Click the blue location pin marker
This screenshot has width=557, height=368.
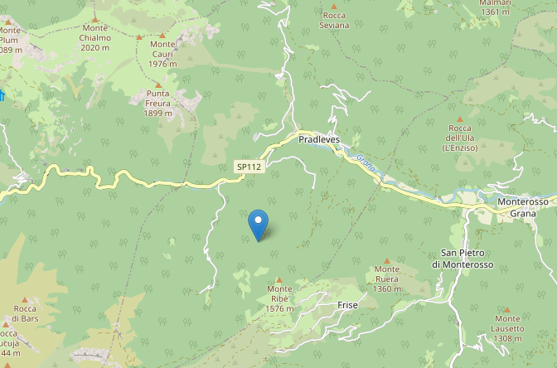(x=259, y=223)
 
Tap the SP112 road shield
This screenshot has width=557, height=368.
(x=248, y=167)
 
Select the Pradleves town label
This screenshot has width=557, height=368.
(x=320, y=141)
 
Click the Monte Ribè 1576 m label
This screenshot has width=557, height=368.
(x=280, y=298)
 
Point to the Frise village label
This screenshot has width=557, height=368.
(x=348, y=305)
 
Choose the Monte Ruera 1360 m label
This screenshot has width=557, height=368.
(x=386, y=278)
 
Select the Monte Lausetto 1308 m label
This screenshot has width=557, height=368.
(x=507, y=322)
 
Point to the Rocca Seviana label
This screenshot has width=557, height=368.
(x=334, y=20)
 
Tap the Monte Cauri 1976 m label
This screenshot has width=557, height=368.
(x=163, y=54)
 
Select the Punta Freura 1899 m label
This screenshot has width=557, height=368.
(x=158, y=98)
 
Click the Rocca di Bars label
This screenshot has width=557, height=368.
(x=24, y=313)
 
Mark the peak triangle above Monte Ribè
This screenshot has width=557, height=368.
(x=279, y=280)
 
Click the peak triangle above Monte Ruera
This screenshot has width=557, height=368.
(x=386, y=260)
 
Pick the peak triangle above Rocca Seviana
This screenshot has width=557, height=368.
(x=334, y=6)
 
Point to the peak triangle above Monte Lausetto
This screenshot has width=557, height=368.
(x=507, y=305)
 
